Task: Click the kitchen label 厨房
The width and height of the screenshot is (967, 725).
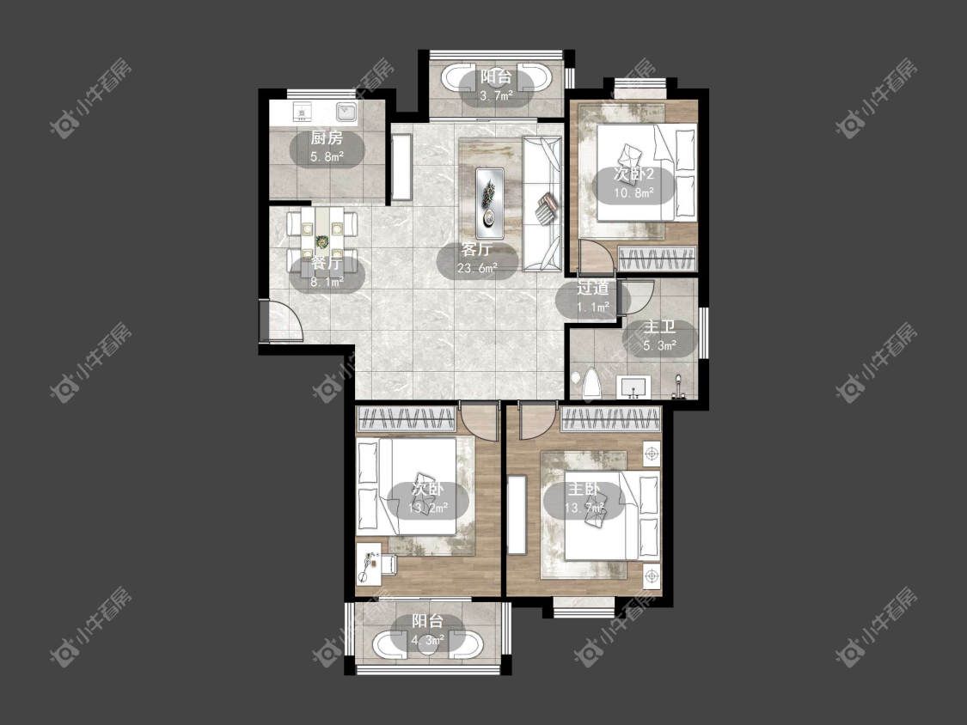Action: pyautogui.click(x=327, y=138)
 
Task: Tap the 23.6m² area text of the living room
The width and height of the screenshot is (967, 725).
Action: pyautogui.click(x=477, y=268)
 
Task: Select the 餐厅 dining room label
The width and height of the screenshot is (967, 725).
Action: pyautogui.click(x=327, y=263)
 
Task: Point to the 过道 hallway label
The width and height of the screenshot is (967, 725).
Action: pyautogui.click(x=592, y=288)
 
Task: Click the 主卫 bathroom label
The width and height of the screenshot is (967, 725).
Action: pyautogui.click(x=659, y=327)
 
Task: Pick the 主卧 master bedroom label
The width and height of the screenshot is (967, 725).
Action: pyautogui.click(x=584, y=490)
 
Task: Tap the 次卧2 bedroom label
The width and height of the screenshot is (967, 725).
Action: pyautogui.click(x=633, y=174)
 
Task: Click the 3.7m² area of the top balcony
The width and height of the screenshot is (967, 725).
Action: pyautogui.click(x=497, y=95)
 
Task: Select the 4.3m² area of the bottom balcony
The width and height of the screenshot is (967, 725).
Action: pyautogui.click(x=427, y=640)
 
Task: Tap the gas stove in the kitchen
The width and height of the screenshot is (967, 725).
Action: pyautogui.click(x=302, y=112)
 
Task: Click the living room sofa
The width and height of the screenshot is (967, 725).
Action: pyautogui.click(x=542, y=204)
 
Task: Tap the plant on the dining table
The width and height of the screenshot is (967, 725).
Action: pyautogui.click(x=321, y=241)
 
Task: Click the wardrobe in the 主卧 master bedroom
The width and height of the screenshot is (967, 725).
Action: pyautogui.click(x=610, y=419)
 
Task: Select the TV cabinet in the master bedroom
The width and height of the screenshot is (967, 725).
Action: pyautogui.click(x=517, y=515)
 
